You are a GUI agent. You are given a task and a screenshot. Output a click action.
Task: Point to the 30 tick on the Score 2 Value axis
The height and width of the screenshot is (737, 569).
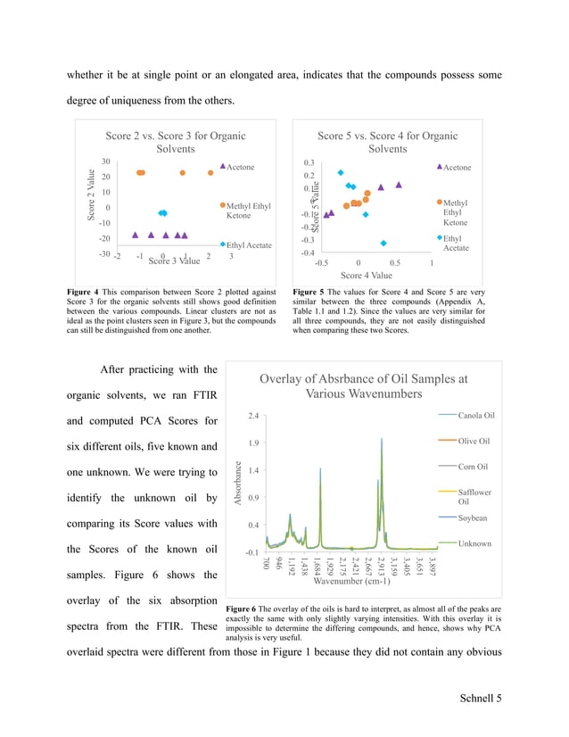[x=105, y=161]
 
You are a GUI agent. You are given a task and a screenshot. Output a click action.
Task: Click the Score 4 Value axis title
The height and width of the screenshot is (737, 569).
[x=366, y=276]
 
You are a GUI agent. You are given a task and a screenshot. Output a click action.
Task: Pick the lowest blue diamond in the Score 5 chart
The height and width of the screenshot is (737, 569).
[x=383, y=243]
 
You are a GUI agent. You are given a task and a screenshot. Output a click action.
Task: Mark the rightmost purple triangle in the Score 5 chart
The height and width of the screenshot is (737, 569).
[x=399, y=185]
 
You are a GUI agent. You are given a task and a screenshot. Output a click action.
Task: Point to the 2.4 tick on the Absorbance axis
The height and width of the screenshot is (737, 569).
[x=254, y=416]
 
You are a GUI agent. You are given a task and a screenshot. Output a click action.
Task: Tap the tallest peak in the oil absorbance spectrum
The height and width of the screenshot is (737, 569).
[x=382, y=440]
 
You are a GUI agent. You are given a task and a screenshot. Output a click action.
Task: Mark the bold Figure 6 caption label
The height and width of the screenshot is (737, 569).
[x=244, y=609]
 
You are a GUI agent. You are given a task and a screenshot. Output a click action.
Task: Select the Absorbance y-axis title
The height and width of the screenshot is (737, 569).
[x=238, y=483]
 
